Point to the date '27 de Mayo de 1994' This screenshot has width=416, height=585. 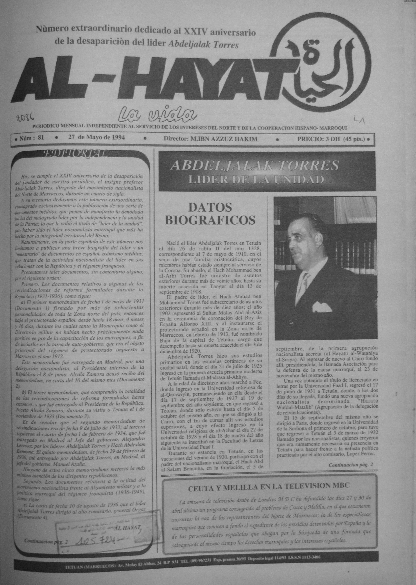pyautogui.click(x=97, y=138)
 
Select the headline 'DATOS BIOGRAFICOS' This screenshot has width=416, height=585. pyautogui.click(x=210, y=214)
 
